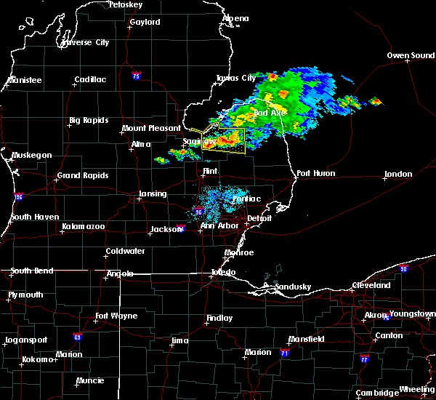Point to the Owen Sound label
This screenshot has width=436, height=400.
[411, 56]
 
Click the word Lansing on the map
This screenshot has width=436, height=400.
[153, 194]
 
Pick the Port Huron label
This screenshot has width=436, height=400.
[314, 174]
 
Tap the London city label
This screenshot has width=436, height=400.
[398, 175]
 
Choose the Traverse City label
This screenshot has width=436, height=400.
[86, 43]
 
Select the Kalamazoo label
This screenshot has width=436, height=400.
[84, 228]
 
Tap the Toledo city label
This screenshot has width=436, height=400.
[223, 273]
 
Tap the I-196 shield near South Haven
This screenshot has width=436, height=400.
[17, 196]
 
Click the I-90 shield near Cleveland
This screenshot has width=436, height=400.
[403, 268]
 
